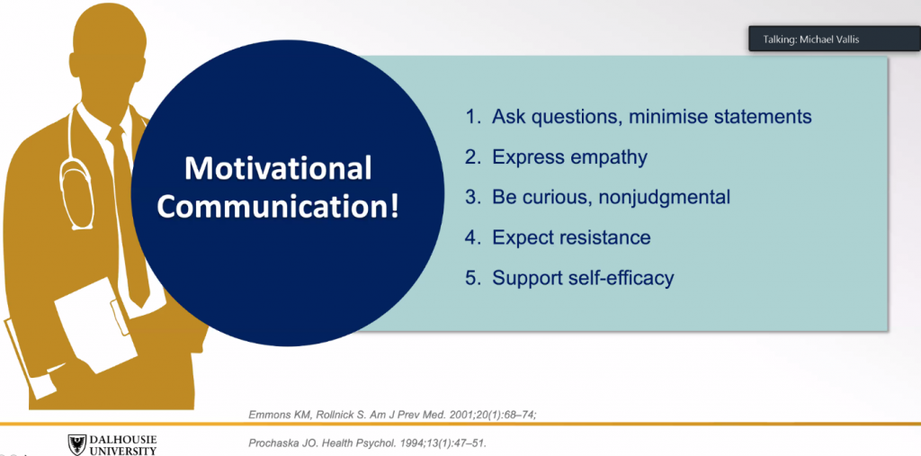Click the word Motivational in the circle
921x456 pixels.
click(x=278, y=169)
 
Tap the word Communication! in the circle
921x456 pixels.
click(x=278, y=208)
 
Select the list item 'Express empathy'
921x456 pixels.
click(x=556, y=157)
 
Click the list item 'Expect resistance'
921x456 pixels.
click(x=558, y=237)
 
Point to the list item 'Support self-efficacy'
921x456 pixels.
click(x=569, y=277)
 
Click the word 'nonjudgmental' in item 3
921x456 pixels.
click(x=665, y=198)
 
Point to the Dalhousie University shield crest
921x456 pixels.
click(x=77, y=445)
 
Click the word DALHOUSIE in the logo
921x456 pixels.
click(x=122, y=440)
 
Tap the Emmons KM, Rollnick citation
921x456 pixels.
click(x=393, y=415)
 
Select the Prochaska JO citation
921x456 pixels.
click(x=368, y=443)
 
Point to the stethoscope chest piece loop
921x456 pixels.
click(x=76, y=194)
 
